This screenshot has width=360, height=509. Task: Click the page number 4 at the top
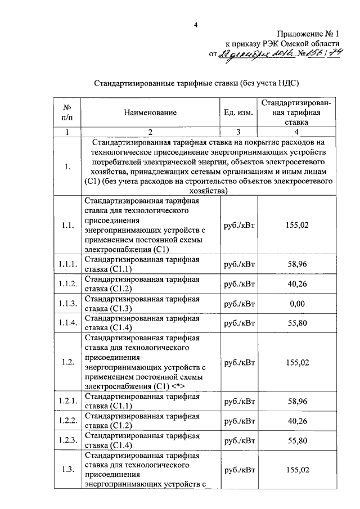click(x=195, y=24)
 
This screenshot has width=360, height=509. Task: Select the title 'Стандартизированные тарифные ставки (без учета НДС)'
click(x=195, y=83)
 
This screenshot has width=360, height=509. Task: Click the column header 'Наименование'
click(x=150, y=112)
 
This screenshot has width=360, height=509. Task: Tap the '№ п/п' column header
click(x=67, y=112)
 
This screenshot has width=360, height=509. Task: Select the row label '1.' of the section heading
click(x=67, y=166)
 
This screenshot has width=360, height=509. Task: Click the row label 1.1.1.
click(x=67, y=263)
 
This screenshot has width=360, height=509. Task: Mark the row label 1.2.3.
click(x=67, y=440)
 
